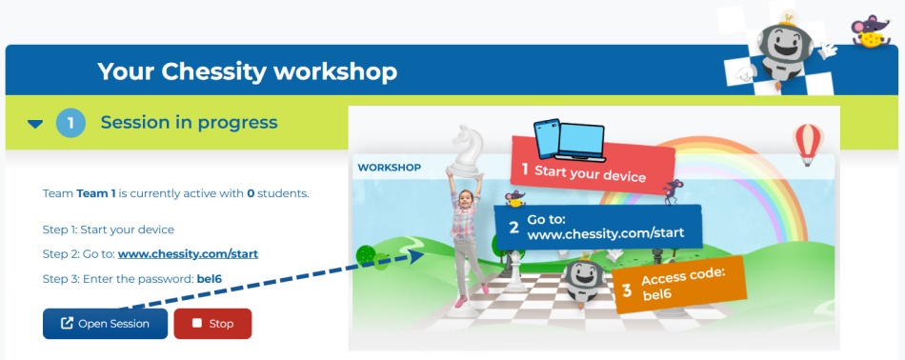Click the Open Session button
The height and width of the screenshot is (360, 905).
pyautogui.click(x=105, y=324)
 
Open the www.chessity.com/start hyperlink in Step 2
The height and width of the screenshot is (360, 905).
pyautogui.click(x=188, y=254)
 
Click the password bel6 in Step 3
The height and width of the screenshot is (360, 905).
pyautogui.click(x=209, y=279)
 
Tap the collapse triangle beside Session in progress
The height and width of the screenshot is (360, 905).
pyautogui.click(x=35, y=124)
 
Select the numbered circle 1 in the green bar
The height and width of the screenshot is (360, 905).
pyautogui.click(x=70, y=123)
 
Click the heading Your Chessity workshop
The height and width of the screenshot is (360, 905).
pyautogui.click(x=248, y=71)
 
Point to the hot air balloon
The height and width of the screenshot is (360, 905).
pyautogui.click(x=808, y=144)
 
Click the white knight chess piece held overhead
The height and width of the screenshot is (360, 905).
pyautogui.click(x=465, y=151)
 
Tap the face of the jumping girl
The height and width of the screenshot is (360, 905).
pyautogui.click(x=466, y=200)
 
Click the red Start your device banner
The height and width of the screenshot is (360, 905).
pyautogui.click(x=593, y=163)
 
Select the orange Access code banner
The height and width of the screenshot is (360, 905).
pyautogui.click(x=679, y=285)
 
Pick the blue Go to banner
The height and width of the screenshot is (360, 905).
pyautogui.click(x=598, y=227)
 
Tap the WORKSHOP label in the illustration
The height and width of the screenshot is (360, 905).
pyautogui.click(x=389, y=168)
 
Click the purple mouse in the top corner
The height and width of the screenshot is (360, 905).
pyautogui.click(x=871, y=31)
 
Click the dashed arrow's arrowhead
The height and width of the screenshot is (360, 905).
pyautogui.click(x=416, y=257)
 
